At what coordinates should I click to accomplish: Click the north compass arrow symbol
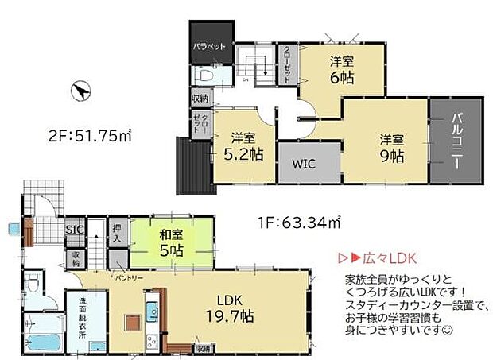click(x=80, y=91)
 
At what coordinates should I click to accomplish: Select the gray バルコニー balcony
click(x=456, y=142)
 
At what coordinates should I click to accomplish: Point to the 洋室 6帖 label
click(x=343, y=69)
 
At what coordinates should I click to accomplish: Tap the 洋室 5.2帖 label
click(x=243, y=146)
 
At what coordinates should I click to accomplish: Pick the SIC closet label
click(x=73, y=231)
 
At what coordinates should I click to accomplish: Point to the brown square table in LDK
click(x=132, y=323)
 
